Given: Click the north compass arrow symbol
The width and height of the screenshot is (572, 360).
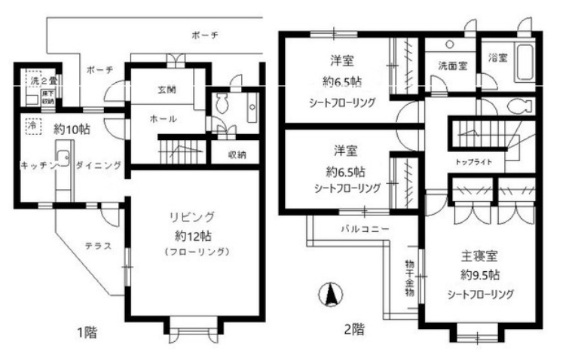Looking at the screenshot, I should tap(329, 294).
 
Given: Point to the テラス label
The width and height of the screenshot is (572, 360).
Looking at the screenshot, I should tap(98, 246).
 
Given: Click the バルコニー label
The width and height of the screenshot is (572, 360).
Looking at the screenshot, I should tap(364, 228).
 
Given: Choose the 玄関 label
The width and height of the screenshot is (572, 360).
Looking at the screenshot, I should tap(167, 89).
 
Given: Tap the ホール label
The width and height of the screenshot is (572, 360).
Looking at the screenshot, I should tap(164, 119).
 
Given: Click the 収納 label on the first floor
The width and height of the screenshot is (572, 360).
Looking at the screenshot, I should tap(236, 154).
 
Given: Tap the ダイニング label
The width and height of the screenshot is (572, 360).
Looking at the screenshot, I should tap(98, 165).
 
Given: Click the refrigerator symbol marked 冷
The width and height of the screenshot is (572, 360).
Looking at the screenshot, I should tap(32, 127).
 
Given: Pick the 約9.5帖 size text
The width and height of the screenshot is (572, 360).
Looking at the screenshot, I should tap(479, 275).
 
